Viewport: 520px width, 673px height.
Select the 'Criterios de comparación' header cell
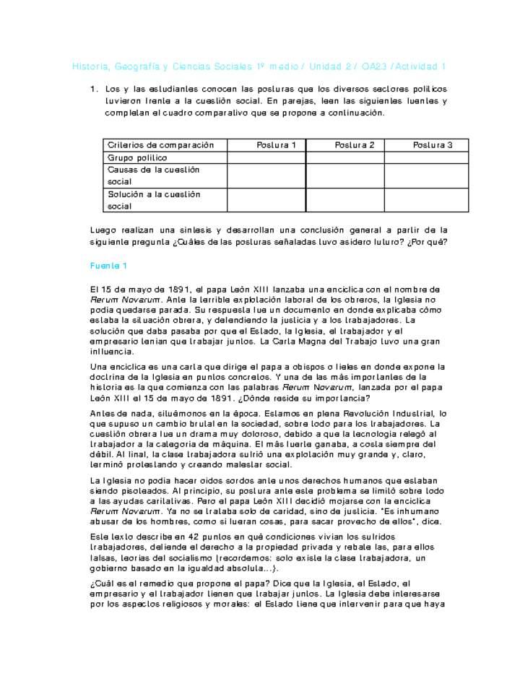(x=161, y=145)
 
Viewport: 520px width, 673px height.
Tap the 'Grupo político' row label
(x=137, y=157)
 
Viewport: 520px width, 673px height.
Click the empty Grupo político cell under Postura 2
(x=344, y=157)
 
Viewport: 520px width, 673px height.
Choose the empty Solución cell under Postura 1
(x=266, y=200)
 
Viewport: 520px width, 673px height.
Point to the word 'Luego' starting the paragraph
(x=103, y=230)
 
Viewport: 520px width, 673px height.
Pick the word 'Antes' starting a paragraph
(x=103, y=414)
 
